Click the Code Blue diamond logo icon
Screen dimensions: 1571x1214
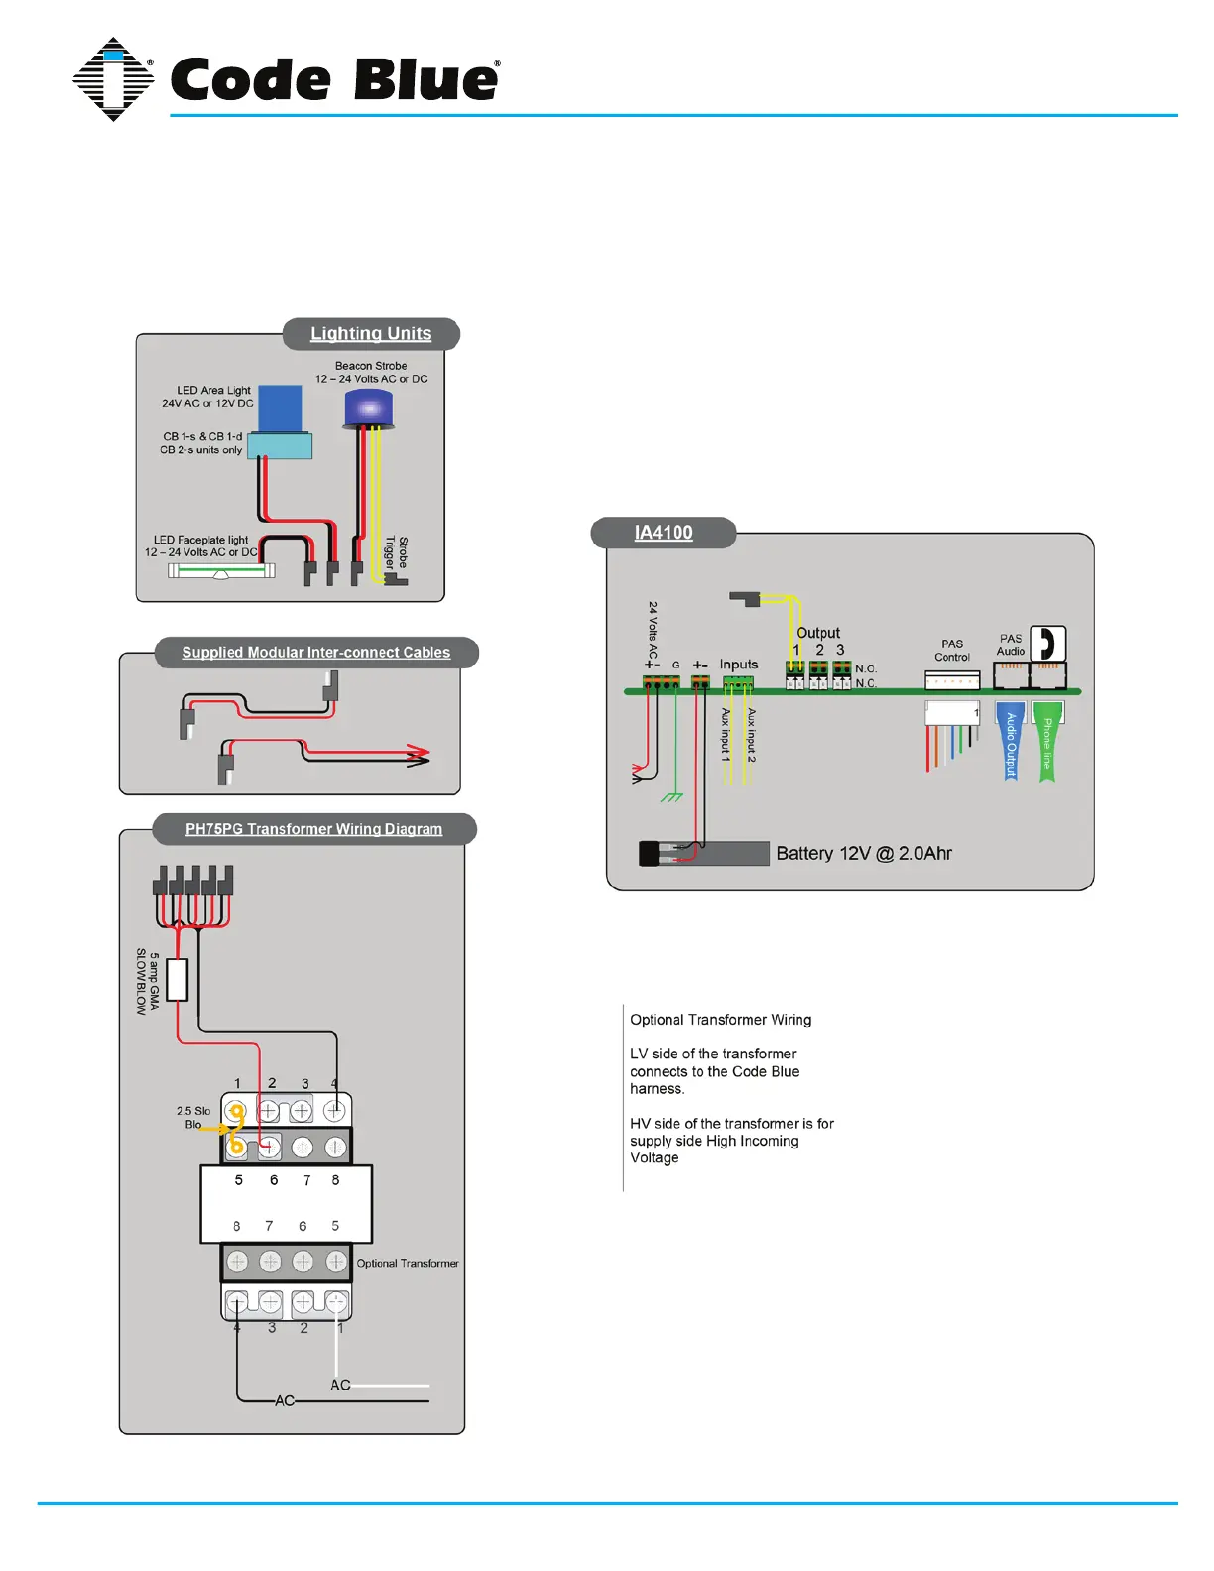tap(113, 79)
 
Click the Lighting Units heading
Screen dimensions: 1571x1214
tap(371, 334)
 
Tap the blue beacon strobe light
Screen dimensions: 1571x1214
tap(368, 409)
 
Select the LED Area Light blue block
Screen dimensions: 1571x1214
tap(280, 409)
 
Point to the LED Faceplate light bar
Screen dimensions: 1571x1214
tap(221, 571)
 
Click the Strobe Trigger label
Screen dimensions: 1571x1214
tap(397, 552)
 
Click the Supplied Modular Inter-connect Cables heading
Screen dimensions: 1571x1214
tap(316, 653)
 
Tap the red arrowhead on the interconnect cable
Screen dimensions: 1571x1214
tap(419, 755)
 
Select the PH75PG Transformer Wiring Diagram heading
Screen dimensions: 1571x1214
tap(313, 829)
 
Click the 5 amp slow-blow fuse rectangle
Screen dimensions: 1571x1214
tap(178, 980)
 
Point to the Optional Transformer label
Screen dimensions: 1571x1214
tap(408, 1264)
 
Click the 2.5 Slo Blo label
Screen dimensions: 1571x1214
tap(193, 1118)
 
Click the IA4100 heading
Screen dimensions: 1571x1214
tap(664, 533)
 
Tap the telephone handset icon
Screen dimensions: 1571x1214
tap(1047, 644)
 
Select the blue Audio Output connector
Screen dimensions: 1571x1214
tap(1011, 744)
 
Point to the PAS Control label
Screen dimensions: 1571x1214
tap(952, 651)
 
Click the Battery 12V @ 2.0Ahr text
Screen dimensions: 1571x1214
tap(864, 854)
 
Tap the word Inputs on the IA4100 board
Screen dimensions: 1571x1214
tap(739, 665)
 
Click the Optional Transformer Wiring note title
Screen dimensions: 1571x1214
tap(721, 1020)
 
